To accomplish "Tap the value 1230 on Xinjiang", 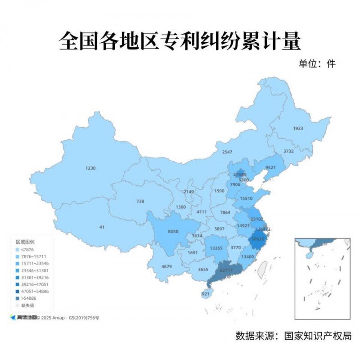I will [x=90, y=168].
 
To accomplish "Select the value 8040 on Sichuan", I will [x=173, y=232].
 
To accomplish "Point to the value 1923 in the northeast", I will [x=298, y=128].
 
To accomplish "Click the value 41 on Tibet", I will [x=102, y=227].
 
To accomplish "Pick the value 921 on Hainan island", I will [x=206, y=294].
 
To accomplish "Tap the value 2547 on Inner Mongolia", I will [x=227, y=152].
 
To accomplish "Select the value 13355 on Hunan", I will [x=216, y=248].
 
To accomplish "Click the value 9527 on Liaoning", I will [x=270, y=167].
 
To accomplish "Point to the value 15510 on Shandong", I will [x=246, y=198].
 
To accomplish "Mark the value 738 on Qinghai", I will [x=140, y=201].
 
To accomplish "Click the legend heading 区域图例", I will [x=25, y=242].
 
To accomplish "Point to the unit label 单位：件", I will [x=317, y=63].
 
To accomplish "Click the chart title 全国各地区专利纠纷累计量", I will [x=180, y=41].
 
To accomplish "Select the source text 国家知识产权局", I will [x=317, y=336].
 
